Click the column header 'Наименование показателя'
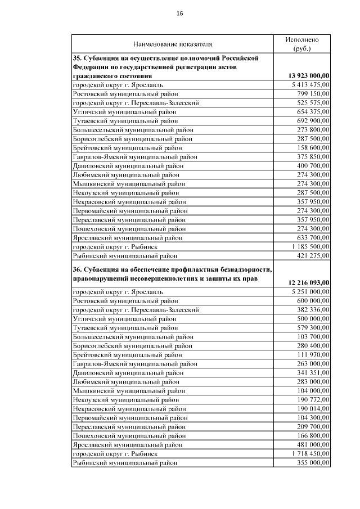[x=173, y=44]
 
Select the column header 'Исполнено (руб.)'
[x=302, y=44]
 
